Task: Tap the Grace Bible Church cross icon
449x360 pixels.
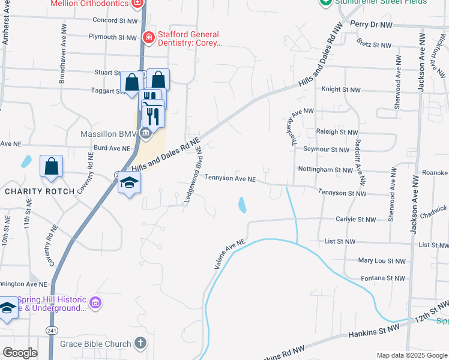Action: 140,344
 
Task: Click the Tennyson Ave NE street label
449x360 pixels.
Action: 230,178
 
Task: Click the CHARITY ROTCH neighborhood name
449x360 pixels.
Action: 40,191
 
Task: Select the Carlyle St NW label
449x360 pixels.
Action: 356,220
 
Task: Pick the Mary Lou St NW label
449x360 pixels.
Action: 382,261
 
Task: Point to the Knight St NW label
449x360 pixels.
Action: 341,89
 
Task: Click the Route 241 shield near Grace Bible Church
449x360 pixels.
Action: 52,330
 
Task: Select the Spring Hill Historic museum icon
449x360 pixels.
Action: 95,304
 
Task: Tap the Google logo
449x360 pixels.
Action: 20,353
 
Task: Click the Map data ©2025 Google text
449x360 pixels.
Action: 411,355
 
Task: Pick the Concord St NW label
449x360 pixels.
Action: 115,20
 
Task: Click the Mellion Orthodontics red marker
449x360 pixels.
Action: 137,2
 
